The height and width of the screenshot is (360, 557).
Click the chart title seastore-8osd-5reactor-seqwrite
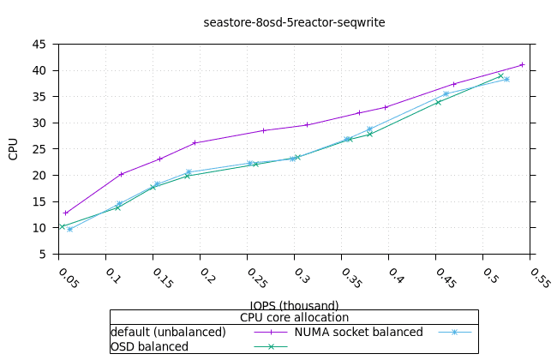coord(294,22)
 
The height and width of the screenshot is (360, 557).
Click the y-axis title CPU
coord(14,149)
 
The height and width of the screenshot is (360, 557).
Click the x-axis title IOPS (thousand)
coord(294,305)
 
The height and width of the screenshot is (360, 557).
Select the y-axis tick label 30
coord(41,123)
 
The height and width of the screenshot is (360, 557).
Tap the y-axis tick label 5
coord(45,255)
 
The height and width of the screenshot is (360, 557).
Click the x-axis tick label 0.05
coord(67,278)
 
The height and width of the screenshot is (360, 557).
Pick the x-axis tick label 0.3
coord(301,275)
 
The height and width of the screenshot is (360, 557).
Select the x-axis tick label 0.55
coord(538,278)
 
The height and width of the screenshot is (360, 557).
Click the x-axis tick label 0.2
coord(207,275)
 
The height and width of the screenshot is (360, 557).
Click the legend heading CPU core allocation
coord(294,317)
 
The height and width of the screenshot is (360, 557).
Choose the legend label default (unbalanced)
coord(168,332)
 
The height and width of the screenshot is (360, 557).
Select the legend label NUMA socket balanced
coord(359,332)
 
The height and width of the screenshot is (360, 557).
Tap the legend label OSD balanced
coord(149,346)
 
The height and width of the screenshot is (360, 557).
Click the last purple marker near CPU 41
coord(522,64)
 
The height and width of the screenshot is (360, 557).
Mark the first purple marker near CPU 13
coord(65,213)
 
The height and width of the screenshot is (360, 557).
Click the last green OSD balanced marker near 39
coord(500,75)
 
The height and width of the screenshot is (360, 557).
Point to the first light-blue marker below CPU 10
coord(69,229)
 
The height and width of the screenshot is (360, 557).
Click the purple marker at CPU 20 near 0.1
coord(121,174)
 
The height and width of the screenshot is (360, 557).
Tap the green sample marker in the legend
coord(271,346)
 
